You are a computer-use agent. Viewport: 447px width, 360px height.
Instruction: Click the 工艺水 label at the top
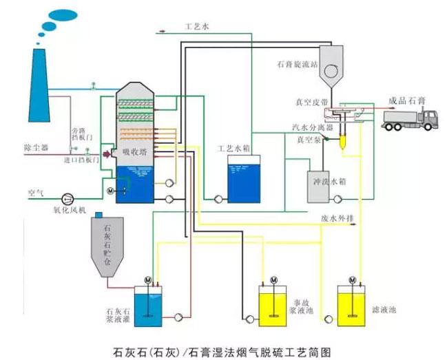click(x=196, y=26)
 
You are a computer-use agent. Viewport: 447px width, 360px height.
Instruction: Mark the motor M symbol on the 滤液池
click(x=353, y=279)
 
